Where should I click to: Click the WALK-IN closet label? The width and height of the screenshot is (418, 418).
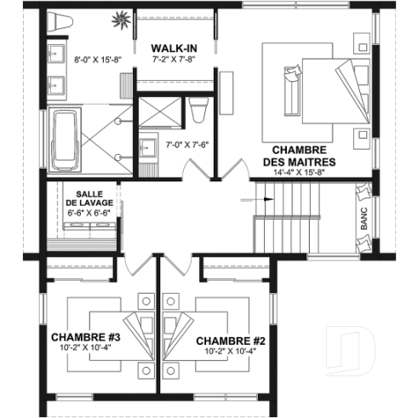pyautogui.click(x=175, y=48)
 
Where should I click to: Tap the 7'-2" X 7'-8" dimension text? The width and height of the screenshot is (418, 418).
pyautogui.click(x=175, y=60)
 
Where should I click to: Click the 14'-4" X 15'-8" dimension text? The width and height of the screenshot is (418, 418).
pyautogui.click(x=298, y=173)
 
